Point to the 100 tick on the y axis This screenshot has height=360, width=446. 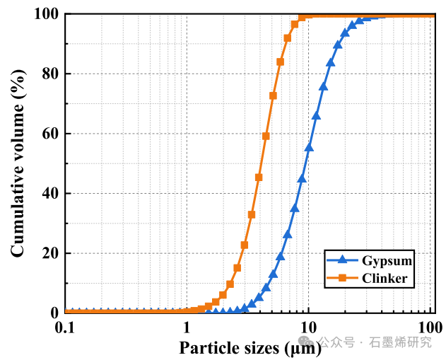tap(46, 14)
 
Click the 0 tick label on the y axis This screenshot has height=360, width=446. tap(54, 313)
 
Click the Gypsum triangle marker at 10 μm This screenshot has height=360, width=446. tap(309, 147)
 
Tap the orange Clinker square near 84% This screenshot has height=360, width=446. tap(280, 62)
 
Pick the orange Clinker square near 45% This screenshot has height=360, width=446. tap(259, 177)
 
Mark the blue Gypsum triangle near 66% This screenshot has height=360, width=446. tap(316, 115)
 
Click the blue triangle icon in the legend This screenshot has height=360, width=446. tap(341, 261)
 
